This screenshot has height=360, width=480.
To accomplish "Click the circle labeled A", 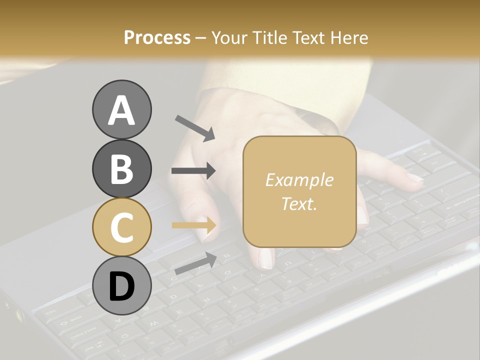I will coord(121,109).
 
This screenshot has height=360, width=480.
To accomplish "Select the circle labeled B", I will coord(121,168).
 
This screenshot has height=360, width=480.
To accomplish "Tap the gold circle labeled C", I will coord(121,227).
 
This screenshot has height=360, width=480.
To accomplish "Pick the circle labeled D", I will coord(121,286).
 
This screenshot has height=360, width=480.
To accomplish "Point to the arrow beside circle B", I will coord(193,171).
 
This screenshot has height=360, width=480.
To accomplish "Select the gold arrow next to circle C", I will coord(194,225).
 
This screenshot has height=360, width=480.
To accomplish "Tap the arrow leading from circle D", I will coord(195,263).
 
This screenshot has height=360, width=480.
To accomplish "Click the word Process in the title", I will coord(157,37).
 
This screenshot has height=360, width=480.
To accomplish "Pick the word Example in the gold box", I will coord(299,180).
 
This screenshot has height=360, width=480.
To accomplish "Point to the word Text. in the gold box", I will coord(299,203).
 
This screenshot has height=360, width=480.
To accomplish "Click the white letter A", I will coord(121,110).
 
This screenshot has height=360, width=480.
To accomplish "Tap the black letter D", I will coord(121,286).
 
